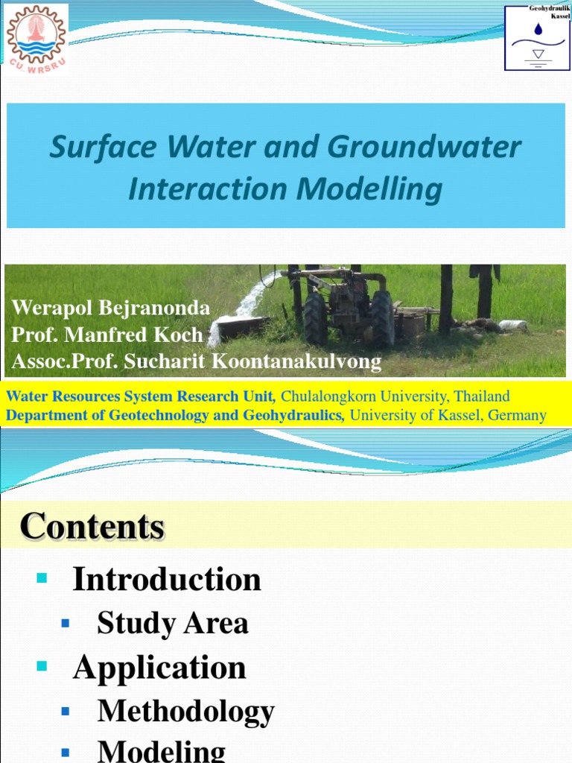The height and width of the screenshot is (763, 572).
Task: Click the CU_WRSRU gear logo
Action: point(36,37)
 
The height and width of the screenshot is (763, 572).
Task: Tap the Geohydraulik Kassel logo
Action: point(536,37)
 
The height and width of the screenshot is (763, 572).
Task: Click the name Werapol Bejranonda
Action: point(110,308)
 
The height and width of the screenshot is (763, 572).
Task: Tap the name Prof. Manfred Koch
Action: point(107,335)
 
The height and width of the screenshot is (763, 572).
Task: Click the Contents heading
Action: point(92,527)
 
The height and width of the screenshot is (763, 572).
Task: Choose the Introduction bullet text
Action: point(166,579)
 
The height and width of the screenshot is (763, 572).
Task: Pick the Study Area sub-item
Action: point(173,624)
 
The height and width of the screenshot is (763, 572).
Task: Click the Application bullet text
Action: point(159,668)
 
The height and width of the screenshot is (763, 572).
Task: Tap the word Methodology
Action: point(186,712)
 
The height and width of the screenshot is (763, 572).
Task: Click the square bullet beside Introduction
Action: point(41,578)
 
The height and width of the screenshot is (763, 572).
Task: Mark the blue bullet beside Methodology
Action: point(66,712)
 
